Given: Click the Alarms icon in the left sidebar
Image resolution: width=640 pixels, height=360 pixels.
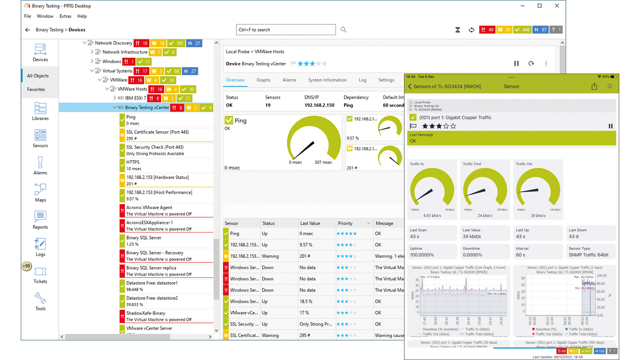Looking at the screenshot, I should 40,165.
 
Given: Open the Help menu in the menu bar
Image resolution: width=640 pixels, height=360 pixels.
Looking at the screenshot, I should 82,17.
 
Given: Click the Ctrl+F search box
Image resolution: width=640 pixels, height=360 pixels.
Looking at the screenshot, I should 286,30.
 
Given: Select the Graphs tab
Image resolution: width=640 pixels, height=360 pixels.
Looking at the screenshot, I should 263,80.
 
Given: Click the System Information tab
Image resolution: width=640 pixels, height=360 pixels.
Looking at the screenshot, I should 327,80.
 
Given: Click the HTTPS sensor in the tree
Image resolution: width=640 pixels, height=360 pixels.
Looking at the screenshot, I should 133,162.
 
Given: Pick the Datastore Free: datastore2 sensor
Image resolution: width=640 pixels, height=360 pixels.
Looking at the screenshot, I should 152,298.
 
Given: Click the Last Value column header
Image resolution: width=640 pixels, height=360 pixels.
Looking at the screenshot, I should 309,223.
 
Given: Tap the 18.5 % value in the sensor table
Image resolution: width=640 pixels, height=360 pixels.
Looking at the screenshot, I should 307,302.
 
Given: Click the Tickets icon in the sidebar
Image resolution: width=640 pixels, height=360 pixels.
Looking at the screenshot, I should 40,275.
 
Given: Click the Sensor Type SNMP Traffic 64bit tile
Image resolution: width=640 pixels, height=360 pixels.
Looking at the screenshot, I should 590,252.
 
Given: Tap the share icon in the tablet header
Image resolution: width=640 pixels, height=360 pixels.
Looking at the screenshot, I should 594,86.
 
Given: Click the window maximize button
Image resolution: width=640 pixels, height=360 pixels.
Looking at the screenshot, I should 540,6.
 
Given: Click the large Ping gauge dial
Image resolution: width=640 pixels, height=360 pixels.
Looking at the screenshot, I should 313,140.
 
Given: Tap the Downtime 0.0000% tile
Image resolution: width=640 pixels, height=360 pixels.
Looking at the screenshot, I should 485,252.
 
